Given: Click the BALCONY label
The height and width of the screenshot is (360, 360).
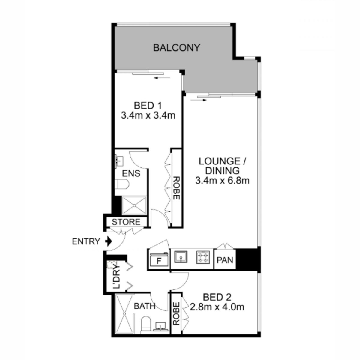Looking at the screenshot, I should (176, 48).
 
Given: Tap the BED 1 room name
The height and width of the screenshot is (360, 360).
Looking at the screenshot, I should (148, 106).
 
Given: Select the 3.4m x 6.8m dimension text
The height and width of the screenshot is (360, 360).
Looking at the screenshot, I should (222, 181).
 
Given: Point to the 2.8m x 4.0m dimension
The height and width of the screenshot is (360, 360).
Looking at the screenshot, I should (217, 307).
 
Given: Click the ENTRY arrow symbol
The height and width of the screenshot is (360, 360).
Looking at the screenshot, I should (109, 241).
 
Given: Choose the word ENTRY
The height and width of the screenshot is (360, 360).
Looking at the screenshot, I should (86, 241).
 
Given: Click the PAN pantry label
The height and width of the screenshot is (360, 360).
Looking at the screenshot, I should (225, 260).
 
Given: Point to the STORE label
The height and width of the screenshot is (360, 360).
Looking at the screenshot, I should (126, 222).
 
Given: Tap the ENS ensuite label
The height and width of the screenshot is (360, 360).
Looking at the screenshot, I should (131, 173).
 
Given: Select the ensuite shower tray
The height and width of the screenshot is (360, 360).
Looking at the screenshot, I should (134, 206).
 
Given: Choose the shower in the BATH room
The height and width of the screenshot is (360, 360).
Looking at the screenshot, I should (124, 314).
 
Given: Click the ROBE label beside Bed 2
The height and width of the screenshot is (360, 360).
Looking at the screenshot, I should (176, 313).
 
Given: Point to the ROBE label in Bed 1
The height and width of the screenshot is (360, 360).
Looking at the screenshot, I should (176, 188).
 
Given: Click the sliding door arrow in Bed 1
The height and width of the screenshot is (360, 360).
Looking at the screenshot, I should (162, 78).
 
